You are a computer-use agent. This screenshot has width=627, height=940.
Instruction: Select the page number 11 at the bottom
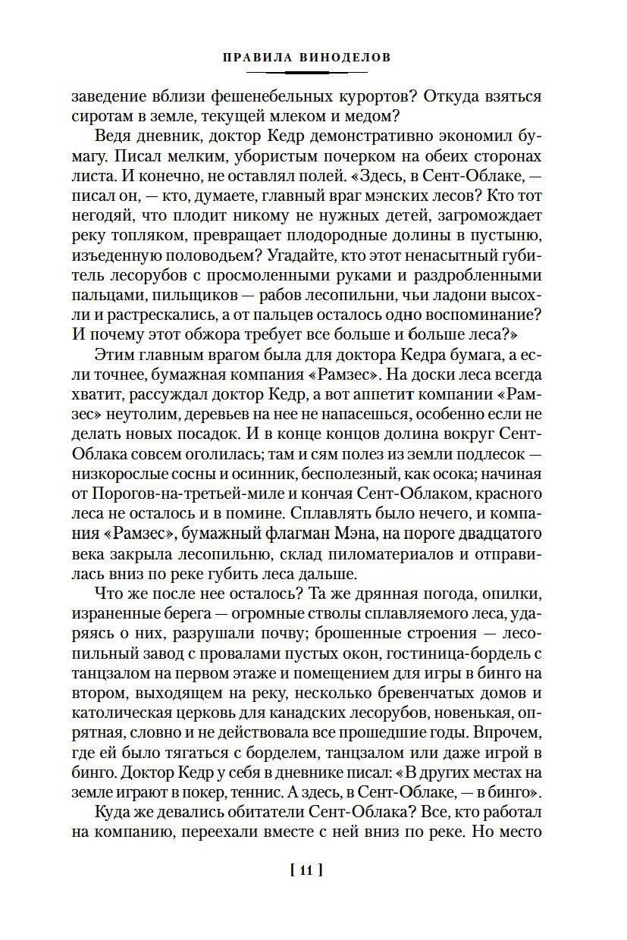click(307, 869)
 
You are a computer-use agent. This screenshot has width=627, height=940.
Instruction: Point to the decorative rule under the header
click(307, 72)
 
